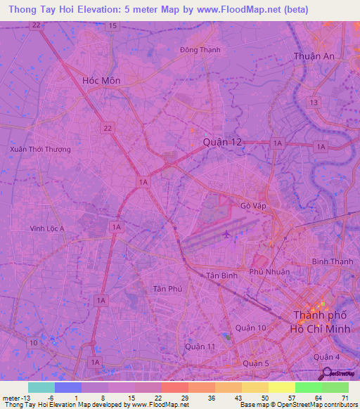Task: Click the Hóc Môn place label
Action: pyautogui.click(x=101, y=81)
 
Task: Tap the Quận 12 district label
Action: pyautogui.click(x=221, y=142)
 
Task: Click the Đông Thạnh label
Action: pyautogui.click(x=200, y=50)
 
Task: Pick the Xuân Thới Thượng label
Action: pyautogui.click(x=40, y=150)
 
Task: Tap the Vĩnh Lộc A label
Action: pyautogui.click(x=46, y=228)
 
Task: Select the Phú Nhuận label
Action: pyautogui.click(x=270, y=271)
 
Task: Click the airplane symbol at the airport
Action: pyautogui.click(x=226, y=233)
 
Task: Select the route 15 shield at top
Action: pyautogui.click(x=112, y=26)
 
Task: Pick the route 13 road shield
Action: pyautogui.click(x=314, y=103)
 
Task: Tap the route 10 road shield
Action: pyautogui.click(x=33, y=342)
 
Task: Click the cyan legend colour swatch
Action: pyautogui.click(x=41, y=387)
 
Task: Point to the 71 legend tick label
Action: pyautogui.click(x=345, y=398)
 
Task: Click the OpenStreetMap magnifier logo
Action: pyautogui.click(x=328, y=372)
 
